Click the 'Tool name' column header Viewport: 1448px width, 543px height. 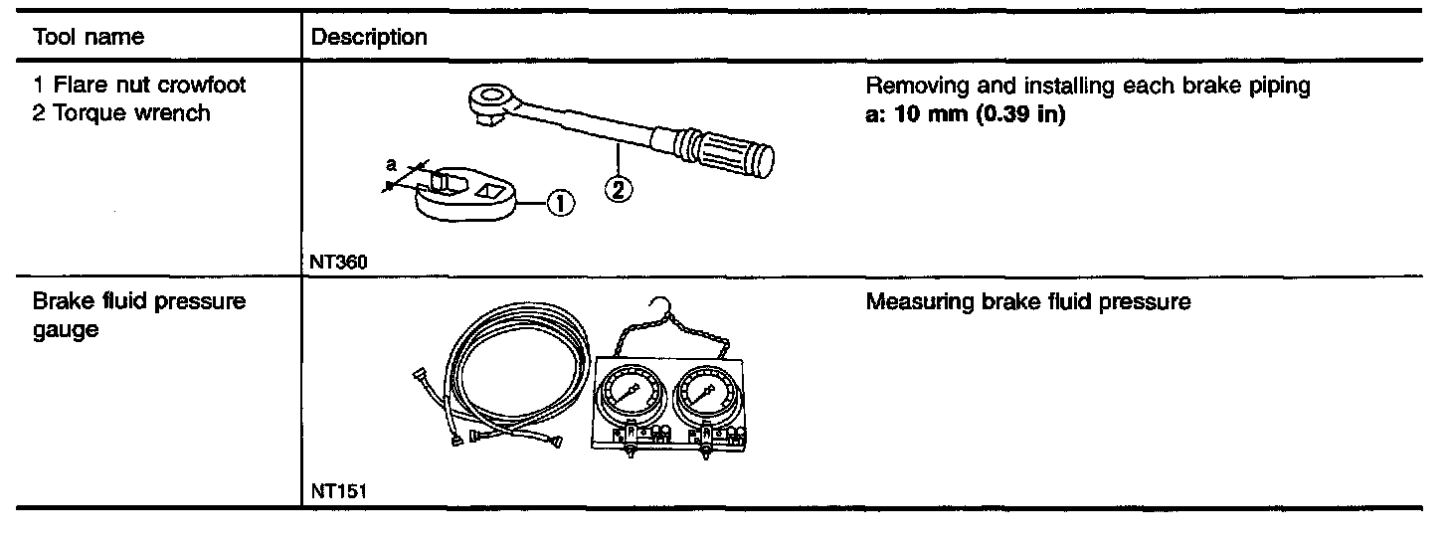coord(89,38)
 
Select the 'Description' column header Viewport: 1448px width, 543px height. coord(369,38)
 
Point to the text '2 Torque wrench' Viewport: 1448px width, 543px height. coord(121,112)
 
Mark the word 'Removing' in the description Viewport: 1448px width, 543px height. coord(907,87)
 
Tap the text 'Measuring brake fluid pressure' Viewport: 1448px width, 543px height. coord(1027,301)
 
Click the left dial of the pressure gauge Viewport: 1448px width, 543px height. coord(629,395)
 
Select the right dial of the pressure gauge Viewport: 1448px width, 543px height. coord(705,394)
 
